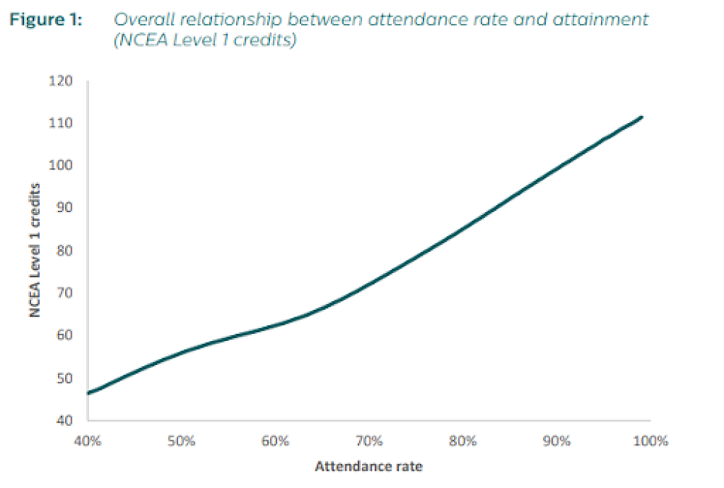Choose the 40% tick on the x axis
coord(87,441)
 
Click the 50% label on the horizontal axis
coord(181,441)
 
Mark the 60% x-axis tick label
coord(275,441)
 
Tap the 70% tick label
coord(369,441)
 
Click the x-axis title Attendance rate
coord(368,466)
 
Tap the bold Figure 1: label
coord(45,20)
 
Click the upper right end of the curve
coord(641,117)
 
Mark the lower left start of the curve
coord(88,393)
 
